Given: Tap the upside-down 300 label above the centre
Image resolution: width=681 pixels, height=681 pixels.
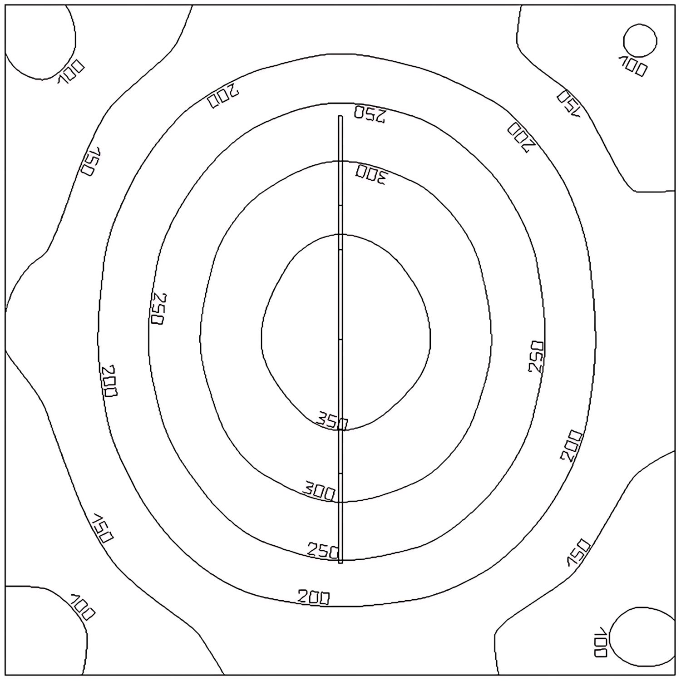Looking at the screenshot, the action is (x=370, y=174).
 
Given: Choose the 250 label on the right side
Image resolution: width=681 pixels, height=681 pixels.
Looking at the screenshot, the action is (x=536, y=357).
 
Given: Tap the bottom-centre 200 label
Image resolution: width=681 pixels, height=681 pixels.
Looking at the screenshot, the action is (x=314, y=597).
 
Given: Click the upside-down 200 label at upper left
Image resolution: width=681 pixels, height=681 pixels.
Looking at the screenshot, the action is (x=223, y=96).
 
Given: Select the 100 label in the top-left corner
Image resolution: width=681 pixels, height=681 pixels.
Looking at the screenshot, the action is (x=71, y=72).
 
